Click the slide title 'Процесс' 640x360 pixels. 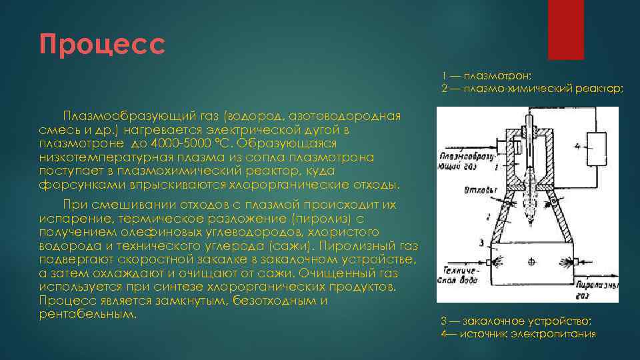click(101, 45)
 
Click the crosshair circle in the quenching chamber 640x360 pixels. click(531, 262)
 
